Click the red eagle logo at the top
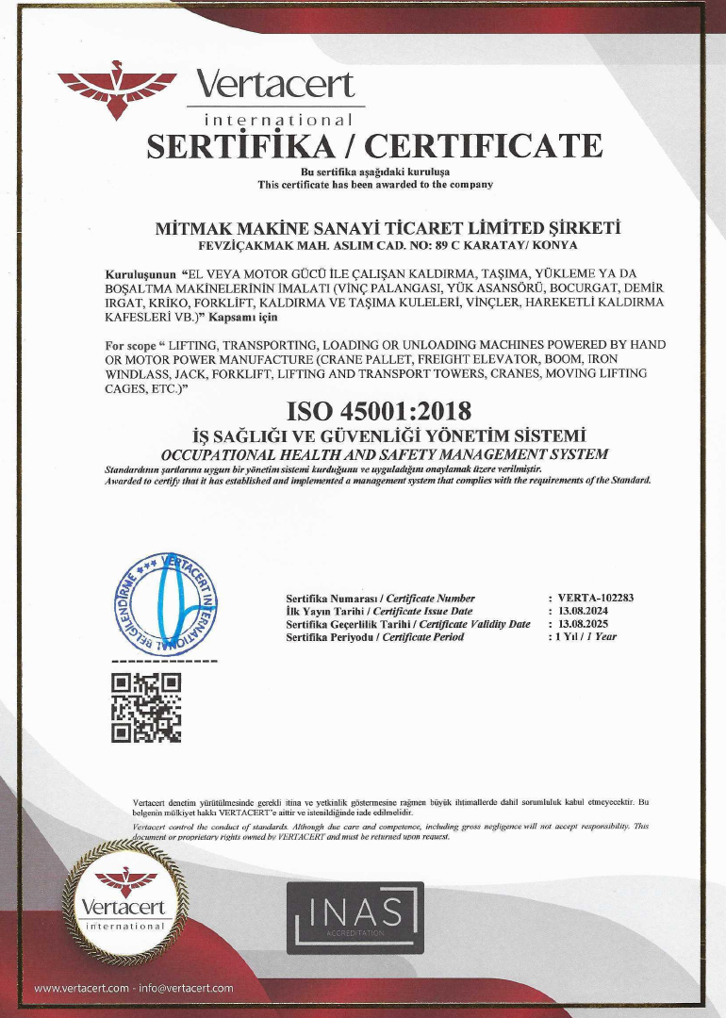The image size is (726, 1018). (x=117, y=89)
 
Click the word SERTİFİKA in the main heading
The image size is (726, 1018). (x=247, y=146)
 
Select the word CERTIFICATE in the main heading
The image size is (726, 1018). (x=484, y=146)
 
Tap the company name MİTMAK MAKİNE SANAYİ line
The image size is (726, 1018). (x=387, y=228)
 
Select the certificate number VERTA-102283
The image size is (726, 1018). (x=596, y=598)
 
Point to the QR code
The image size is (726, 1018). (x=146, y=707)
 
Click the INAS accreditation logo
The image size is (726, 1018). (x=355, y=914)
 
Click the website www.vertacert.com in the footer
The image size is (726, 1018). (x=81, y=988)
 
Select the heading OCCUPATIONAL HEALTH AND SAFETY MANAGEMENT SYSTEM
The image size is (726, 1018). (x=386, y=454)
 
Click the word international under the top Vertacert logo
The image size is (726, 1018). (x=278, y=121)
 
